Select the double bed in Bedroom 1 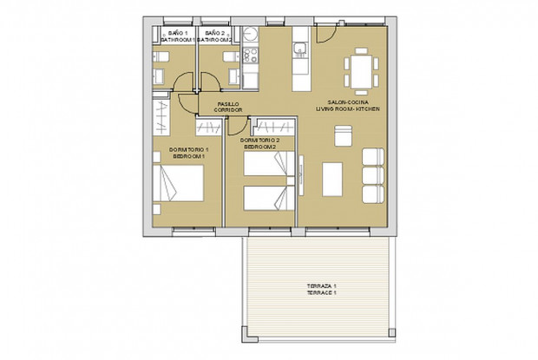tap(181, 185)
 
